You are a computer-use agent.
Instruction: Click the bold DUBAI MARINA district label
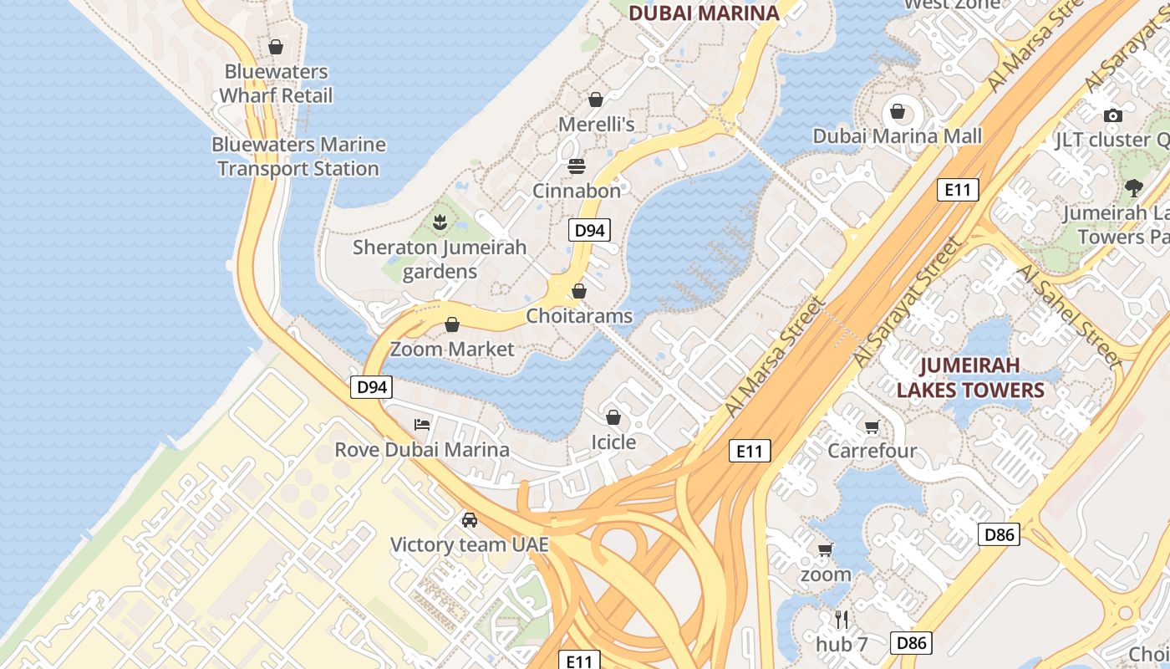click(703, 13)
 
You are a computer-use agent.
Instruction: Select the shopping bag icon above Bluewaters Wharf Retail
click(276, 47)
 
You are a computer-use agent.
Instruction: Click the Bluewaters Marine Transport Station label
click(298, 156)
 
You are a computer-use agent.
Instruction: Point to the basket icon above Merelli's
click(596, 100)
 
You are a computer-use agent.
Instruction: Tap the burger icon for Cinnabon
click(577, 166)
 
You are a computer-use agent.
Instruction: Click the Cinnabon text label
click(577, 191)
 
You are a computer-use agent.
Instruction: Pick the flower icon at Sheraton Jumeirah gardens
click(440, 222)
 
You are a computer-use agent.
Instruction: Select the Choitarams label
click(579, 316)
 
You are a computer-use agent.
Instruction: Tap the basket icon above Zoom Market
click(452, 324)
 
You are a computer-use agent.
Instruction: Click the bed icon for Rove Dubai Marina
click(422, 425)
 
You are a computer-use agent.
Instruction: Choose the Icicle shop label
click(613, 442)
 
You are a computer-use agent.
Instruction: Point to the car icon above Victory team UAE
click(470, 520)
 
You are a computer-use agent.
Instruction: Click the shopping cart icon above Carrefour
click(872, 427)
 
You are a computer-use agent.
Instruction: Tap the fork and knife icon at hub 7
click(842, 620)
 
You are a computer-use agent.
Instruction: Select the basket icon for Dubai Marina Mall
click(898, 111)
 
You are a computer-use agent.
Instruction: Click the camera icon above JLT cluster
click(1112, 115)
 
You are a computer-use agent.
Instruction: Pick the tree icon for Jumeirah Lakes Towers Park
click(1134, 188)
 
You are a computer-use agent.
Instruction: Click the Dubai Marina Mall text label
click(898, 135)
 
